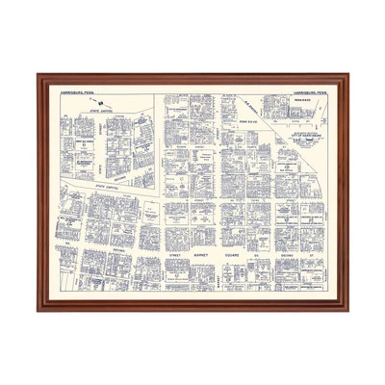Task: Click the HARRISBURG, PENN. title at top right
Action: tap(310, 93)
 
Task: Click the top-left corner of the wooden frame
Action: tap(38, 74)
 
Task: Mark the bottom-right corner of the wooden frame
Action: tap(347, 310)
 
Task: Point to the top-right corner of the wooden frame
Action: tap(347, 74)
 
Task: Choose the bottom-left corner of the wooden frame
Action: tap(38, 310)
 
